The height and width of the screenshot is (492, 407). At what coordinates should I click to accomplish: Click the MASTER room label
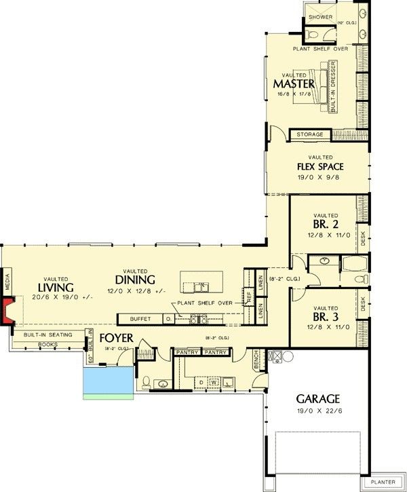(294, 83)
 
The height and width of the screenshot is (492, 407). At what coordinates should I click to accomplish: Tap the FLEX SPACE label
(319, 166)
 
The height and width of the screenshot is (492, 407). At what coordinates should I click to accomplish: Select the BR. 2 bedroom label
(325, 223)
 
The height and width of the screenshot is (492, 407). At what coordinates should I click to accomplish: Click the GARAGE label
(317, 398)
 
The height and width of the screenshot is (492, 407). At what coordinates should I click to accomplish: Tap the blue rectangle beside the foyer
(107, 382)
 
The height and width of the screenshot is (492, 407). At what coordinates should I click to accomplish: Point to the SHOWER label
(320, 17)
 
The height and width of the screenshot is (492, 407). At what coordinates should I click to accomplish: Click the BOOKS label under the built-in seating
(47, 344)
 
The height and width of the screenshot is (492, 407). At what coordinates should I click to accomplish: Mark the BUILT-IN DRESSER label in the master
(333, 88)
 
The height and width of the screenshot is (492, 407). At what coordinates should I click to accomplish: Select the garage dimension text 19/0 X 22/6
(317, 411)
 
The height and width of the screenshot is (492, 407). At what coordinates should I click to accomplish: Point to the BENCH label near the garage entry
(256, 360)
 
